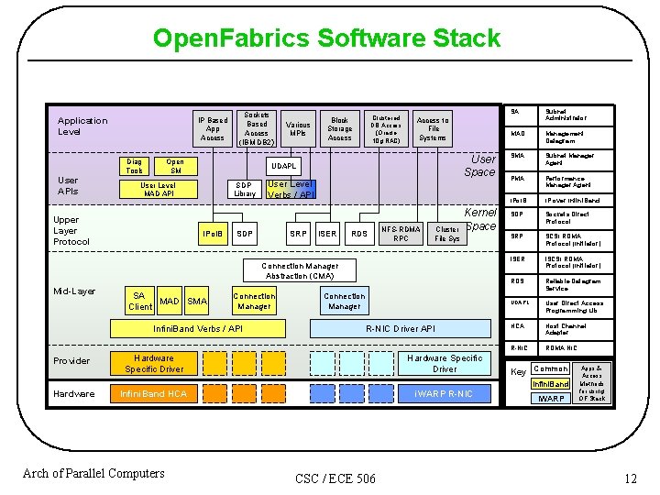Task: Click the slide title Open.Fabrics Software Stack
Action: coord(326,38)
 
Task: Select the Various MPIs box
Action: coord(298,129)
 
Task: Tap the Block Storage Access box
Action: coord(339,129)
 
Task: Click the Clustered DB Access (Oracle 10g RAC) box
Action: coord(386,129)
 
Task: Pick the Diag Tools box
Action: coord(135,166)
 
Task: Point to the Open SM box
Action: coord(175,166)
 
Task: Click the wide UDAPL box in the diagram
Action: coord(283,166)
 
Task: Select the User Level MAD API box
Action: coord(158,189)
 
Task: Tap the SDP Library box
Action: coord(245,189)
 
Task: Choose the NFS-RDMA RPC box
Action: coord(401,234)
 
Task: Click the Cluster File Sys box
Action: coord(447,234)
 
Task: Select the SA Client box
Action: coord(139,301)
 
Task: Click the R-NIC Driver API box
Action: coord(401,328)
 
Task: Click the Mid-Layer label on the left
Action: coord(74,291)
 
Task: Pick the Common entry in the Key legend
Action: coord(551,368)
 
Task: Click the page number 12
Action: coord(630,478)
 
